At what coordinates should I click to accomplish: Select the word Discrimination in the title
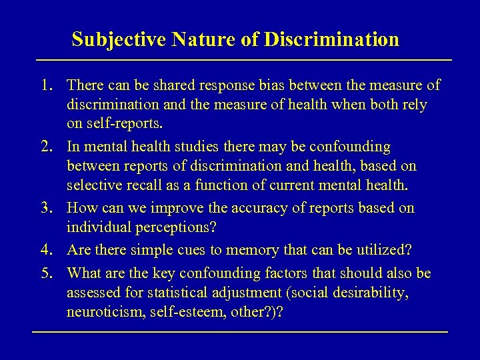pyautogui.click(x=331, y=39)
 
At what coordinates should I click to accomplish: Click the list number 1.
pyautogui.click(x=45, y=85)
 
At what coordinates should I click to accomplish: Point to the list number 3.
pyautogui.click(x=45, y=208)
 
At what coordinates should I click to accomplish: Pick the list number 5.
pyautogui.click(x=45, y=273)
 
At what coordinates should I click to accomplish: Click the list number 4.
pyautogui.click(x=45, y=250)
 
